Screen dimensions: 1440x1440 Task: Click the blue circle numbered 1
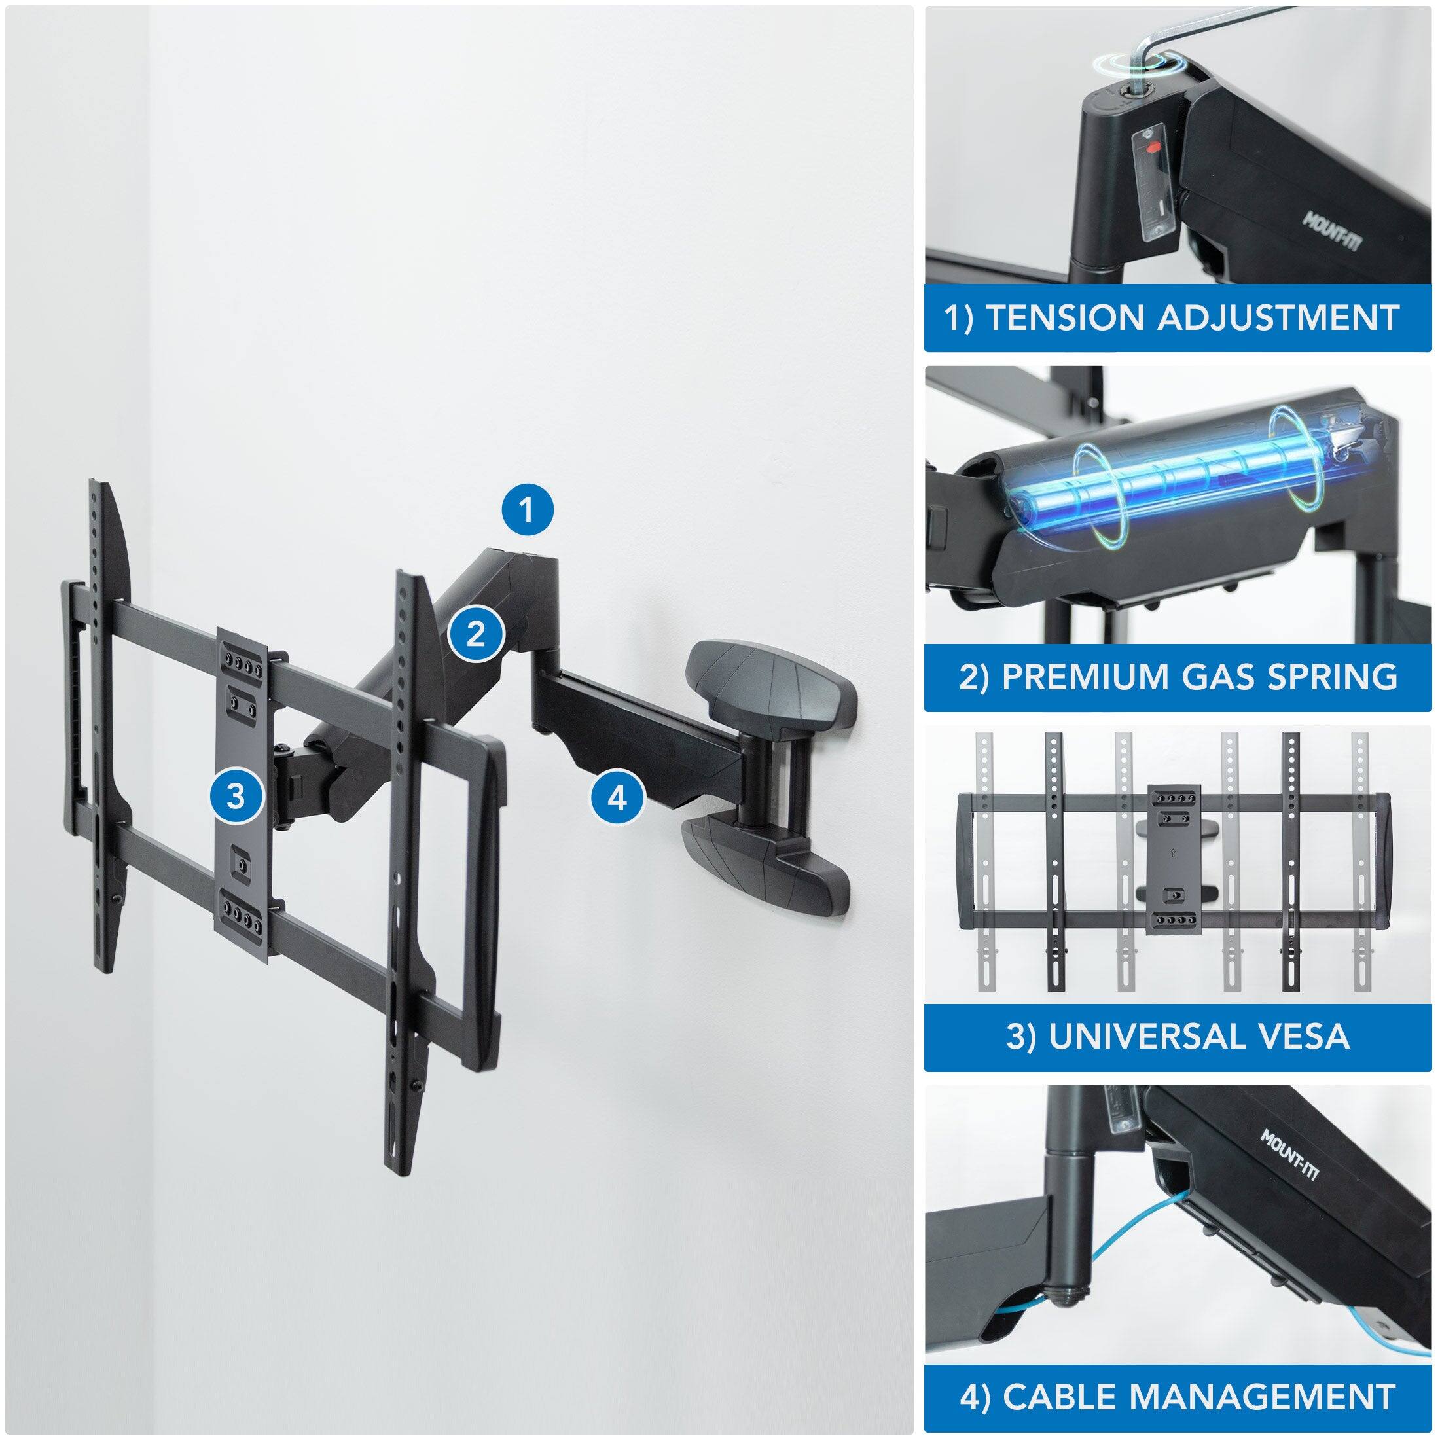(527, 511)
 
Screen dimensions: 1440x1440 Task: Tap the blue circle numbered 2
(477, 634)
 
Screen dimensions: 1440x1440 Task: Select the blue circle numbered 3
(236, 797)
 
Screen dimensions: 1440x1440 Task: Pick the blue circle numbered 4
(618, 799)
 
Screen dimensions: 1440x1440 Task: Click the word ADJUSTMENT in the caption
(1278, 317)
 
